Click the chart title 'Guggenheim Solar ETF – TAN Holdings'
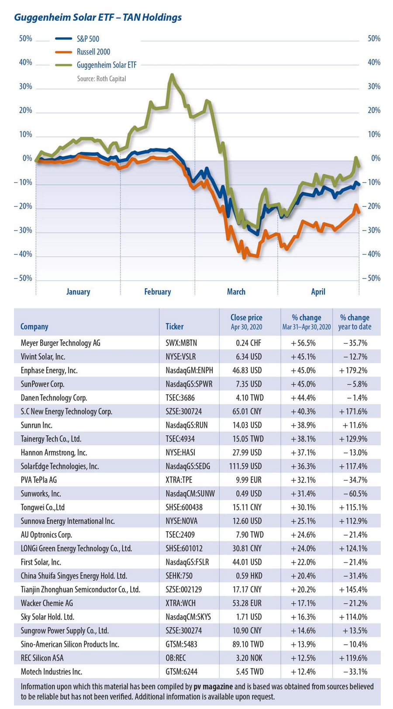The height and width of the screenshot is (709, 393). pyautogui.click(x=98, y=17)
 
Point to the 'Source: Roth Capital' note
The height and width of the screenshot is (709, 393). pyautogui.click(x=101, y=79)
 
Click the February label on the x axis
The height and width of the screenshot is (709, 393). pyautogui.click(x=158, y=292)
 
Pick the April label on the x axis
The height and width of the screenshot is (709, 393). pyautogui.click(x=318, y=292)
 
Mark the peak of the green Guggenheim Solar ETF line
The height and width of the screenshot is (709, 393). pyautogui.click(x=172, y=75)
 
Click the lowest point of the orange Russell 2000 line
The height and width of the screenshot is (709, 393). pyautogui.click(x=244, y=258)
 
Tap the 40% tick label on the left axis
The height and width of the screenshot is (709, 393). pyautogui.click(x=26, y=62)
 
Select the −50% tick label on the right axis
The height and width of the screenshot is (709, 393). pyautogui.click(x=371, y=278)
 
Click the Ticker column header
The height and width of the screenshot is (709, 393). pyautogui.click(x=175, y=327)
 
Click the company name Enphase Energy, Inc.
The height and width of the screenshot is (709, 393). pyautogui.click(x=49, y=370)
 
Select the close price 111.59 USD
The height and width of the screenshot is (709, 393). pyautogui.click(x=245, y=466)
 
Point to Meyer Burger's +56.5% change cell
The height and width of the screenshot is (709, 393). pyautogui.click(x=303, y=343)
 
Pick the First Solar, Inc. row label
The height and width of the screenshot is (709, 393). pyautogui.click(x=41, y=562)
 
